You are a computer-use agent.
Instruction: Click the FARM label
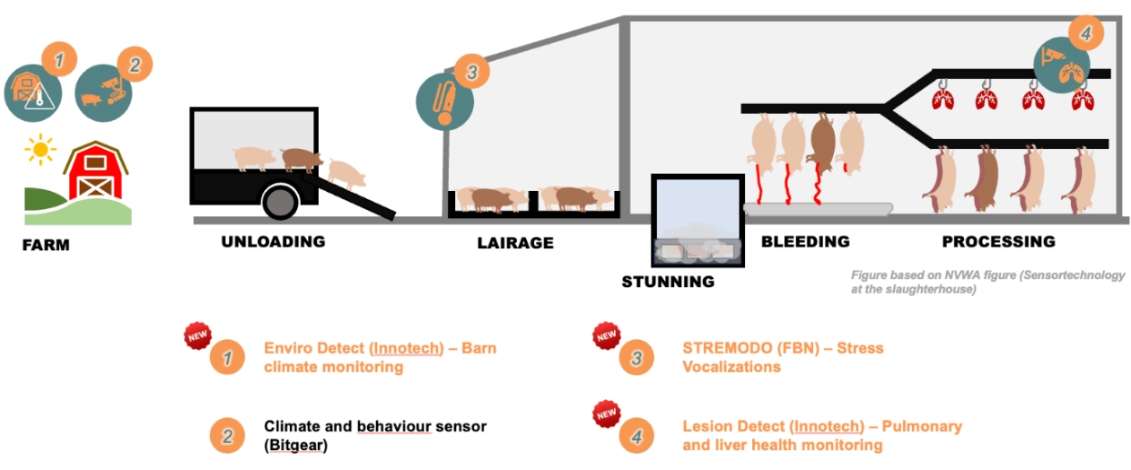pyautogui.click(x=46, y=245)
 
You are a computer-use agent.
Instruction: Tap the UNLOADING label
pyautogui.click(x=273, y=241)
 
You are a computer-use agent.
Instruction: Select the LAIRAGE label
pyautogui.click(x=515, y=243)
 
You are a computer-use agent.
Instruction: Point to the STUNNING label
pyautogui.click(x=668, y=282)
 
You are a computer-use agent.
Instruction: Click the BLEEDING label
pyautogui.click(x=805, y=241)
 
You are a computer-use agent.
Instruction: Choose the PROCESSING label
pyautogui.click(x=999, y=241)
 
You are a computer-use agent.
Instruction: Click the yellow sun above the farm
pyautogui.click(x=40, y=149)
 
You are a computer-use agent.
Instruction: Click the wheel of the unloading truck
pyautogui.click(x=280, y=201)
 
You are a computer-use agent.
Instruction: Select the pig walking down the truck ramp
pyautogui.click(x=346, y=174)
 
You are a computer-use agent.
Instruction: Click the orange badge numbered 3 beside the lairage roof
pyautogui.click(x=471, y=72)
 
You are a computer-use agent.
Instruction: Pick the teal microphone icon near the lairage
pyautogui.click(x=444, y=102)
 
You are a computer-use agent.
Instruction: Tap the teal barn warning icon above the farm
pyautogui.click(x=33, y=93)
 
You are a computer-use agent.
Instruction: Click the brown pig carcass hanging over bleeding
pyautogui.click(x=822, y=144)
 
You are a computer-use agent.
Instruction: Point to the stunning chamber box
pyautogui.click(x=697, y=221)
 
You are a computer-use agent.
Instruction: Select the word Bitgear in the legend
pyautogui.click(x=296, y=445)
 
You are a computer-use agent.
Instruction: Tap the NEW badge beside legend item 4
pyautogui.click(x=607, y=414)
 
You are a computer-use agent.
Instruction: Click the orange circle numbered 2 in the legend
pyautogui.click(x=227, y=436)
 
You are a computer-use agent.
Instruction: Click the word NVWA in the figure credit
pyautogui.click(x=963, y=275)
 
